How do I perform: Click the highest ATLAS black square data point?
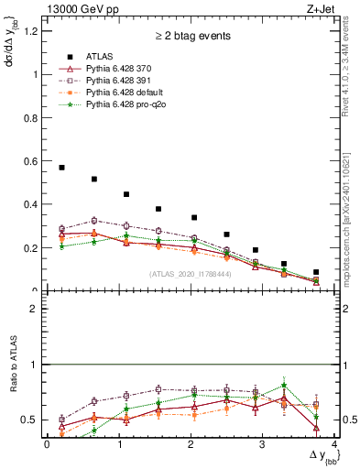(x=61, y=168)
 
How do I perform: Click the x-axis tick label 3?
(x=262, y=445)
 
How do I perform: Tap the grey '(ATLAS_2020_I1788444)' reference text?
(x=190, y=274)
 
